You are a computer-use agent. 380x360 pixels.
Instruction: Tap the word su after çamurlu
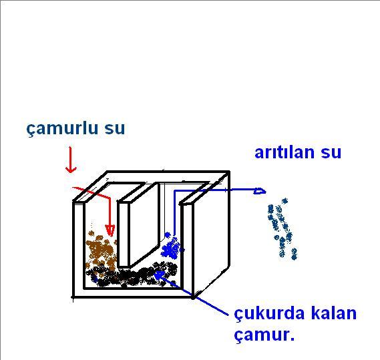click(x=115, y=129)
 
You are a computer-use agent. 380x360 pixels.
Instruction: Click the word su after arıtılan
click(x=331, y=153)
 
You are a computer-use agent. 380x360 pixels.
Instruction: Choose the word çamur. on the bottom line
click(x=264, y=335)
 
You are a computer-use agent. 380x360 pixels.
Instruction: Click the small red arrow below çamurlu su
click(x=71, y=160)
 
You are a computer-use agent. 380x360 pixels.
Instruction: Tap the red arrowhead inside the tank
click(x=110, y=230)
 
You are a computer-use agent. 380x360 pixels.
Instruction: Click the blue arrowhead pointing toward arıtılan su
click(x=260, y=191)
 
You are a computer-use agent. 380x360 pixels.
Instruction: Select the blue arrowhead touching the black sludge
click(x=159, y=275)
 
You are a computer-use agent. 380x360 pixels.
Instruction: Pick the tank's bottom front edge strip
click(x=133, y=293)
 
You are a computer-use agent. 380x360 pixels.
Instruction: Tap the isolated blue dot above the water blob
click(x=167, y=234)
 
